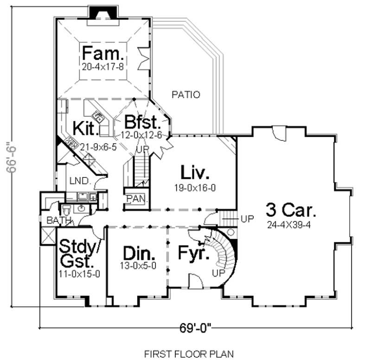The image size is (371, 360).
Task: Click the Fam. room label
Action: [103, 53]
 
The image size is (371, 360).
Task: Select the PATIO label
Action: [186, 95]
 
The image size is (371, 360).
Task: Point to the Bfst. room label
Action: [142, 123]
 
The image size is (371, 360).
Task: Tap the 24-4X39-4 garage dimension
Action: [291, 226]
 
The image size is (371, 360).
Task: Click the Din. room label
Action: [136, 254]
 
